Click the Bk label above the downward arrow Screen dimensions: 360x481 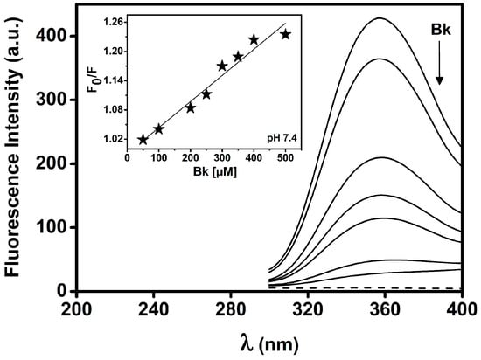[441, 30]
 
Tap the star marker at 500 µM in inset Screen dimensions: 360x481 [285, 34]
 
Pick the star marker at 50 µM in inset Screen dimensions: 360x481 [143, 140]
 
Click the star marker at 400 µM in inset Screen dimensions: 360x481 [254, 39]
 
